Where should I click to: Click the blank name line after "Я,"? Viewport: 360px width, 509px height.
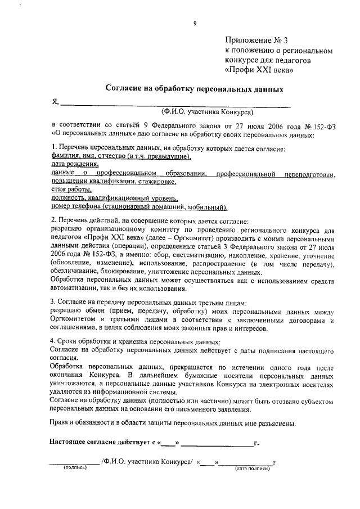(x=175, y=102)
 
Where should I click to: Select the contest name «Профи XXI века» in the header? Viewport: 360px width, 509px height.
(x=259, y=70)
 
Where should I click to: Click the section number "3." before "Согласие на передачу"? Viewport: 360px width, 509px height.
(x=53, y=302)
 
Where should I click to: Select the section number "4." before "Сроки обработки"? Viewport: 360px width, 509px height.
(x=53, y=342)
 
